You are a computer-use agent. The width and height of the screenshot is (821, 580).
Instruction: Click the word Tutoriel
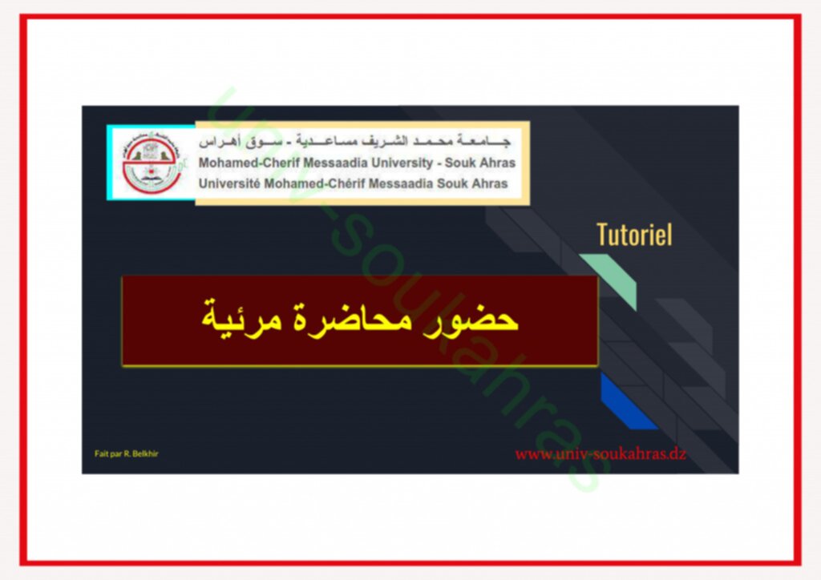coord(634,234)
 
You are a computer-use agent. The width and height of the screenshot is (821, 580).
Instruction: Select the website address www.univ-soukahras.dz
coord(600,454)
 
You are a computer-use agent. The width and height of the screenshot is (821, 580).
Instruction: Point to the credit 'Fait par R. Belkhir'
coord(126,454)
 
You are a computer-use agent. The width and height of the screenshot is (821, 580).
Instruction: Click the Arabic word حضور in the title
coord(480,319)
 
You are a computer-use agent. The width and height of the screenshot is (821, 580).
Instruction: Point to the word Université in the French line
coord(229,183)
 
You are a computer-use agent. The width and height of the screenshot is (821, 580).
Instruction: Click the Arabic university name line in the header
coord(354,142)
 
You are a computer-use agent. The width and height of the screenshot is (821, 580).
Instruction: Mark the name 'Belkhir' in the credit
coord(145,454)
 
